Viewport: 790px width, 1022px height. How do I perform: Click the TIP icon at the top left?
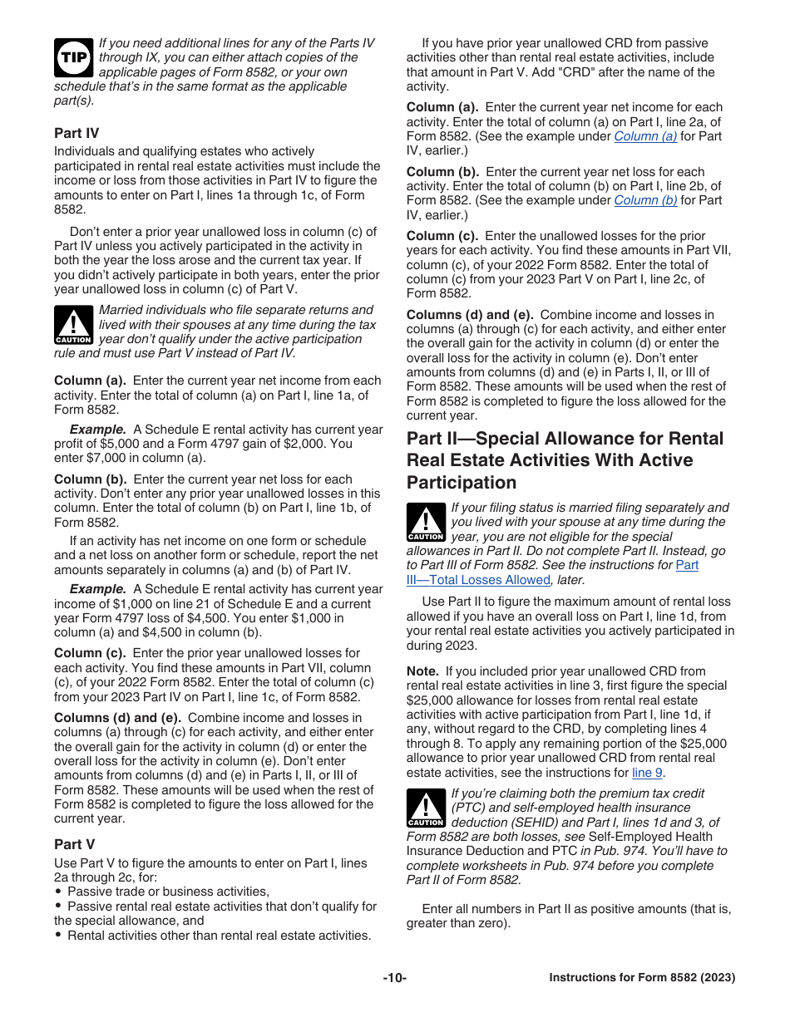(x=73, y=57)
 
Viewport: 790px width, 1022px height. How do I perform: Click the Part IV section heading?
(x=77, y=133)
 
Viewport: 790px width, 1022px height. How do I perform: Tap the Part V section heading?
(x=74, y=844)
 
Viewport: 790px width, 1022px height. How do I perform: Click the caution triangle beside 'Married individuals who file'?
(x=73, y=325)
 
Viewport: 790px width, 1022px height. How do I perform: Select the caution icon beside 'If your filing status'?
(x=426, y=523)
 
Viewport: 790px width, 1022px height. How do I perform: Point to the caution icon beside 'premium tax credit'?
(x=426, y=808)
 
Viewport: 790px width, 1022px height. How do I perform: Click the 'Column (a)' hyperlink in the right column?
(x=645, y=136)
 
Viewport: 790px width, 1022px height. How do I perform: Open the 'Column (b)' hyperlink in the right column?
(x=645, y=200)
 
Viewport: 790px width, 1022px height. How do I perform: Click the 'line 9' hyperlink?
(x=642, y=772)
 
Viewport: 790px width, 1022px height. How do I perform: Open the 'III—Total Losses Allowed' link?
(x=478, y=580)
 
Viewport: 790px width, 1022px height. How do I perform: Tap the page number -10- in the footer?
(x=394, y=978)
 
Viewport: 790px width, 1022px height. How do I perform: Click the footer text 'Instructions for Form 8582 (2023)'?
(x=642, y=978)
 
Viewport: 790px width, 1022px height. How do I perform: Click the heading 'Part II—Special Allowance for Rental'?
(x=565, y=439)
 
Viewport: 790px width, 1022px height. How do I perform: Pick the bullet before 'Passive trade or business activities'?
(x=58, y=892)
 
